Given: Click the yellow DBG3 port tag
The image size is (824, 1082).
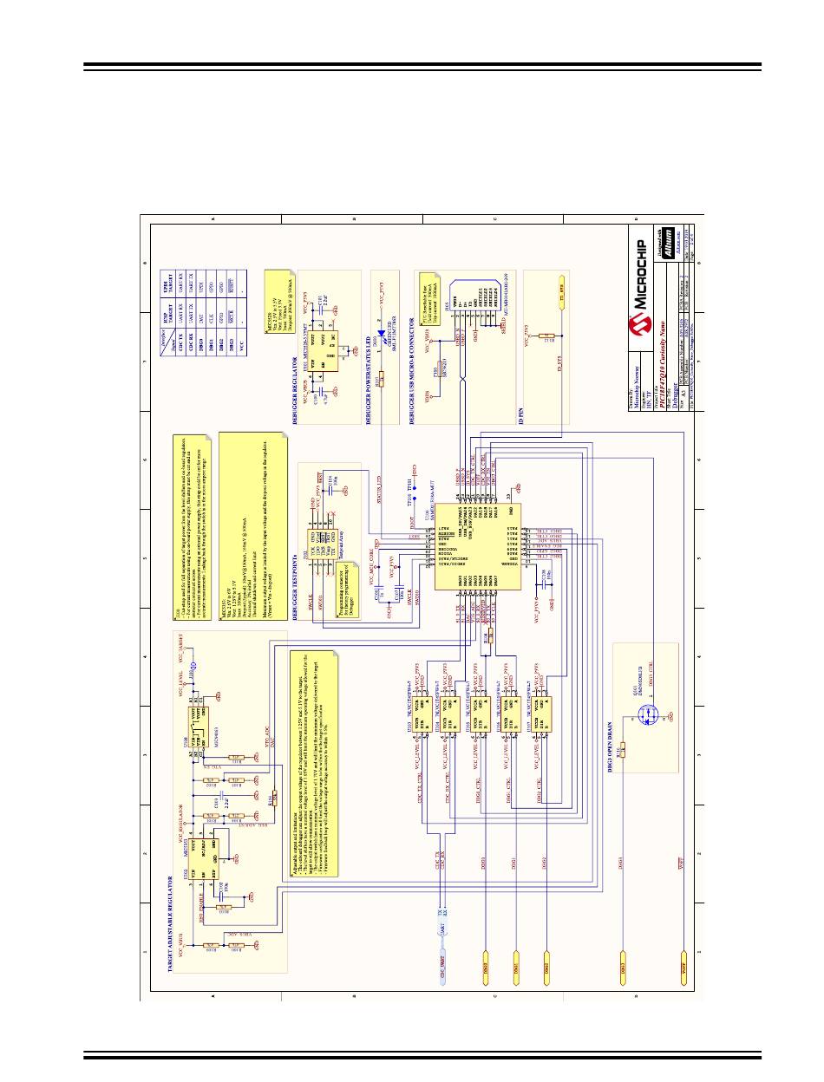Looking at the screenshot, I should pyautogui.click(x=622, y=963).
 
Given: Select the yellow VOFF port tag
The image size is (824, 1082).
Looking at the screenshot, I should pyautogui.click(x=685, y=963).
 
